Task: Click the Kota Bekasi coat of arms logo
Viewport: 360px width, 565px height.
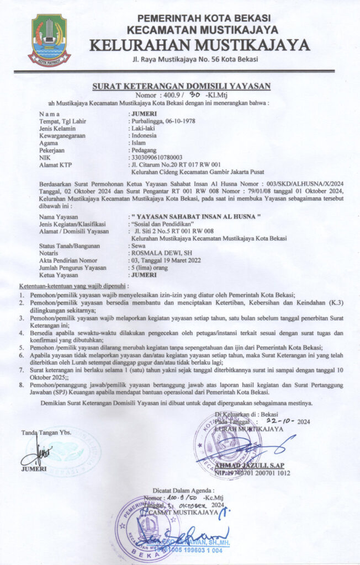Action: coord(50,40)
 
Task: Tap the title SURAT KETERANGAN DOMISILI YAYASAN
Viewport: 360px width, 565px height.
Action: coord(181,85)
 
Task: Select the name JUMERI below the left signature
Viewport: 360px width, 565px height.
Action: coord(34,469)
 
